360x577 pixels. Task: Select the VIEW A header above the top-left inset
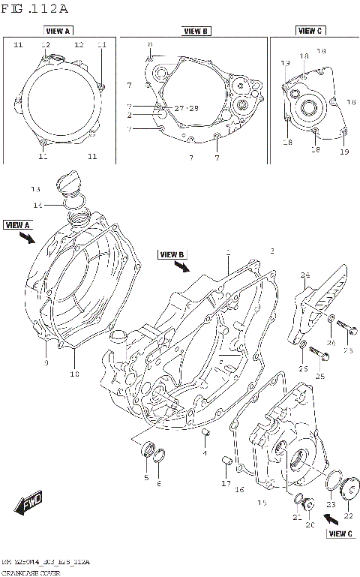click(x=58, y=32)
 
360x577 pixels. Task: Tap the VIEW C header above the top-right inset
click(x=309, y=31)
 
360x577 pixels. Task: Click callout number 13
click(x=34, y=188)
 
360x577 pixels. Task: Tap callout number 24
click(x=305, y=275)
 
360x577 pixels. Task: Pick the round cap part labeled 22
click(x=348, y=492)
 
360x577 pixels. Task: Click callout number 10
click(x=74, y=373)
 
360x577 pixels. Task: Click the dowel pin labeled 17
click(x=224, y=460)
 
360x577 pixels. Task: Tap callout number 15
click(x=262, y=502)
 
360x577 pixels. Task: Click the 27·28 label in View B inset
click(x=186, y=108)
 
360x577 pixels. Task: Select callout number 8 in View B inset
click(x=149, y=45)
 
